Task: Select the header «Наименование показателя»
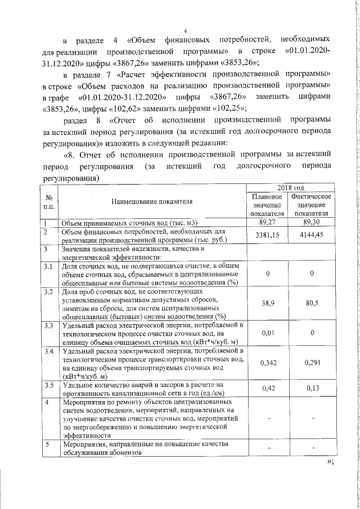point(152,201)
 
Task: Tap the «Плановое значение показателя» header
point(267,205)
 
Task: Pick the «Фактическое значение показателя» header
point(312,205)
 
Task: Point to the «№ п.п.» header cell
point(48,201)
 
